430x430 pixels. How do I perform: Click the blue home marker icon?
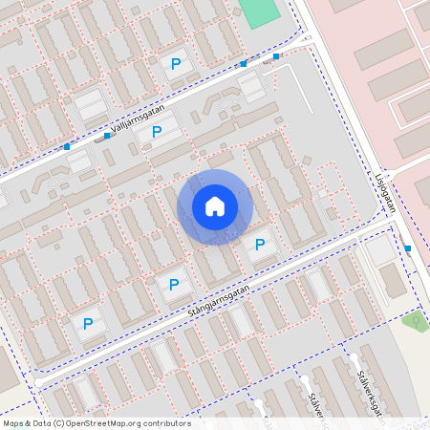tap(215, 206)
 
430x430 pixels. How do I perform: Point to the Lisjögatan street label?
tap(383, 196)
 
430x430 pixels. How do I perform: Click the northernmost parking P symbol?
tap(175, 64)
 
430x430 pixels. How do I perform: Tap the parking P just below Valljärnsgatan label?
tap(155, 133)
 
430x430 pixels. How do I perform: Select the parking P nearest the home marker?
tap(259, 246)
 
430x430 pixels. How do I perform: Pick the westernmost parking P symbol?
tap(88, 324)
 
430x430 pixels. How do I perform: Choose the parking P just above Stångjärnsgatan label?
tap(173, 284)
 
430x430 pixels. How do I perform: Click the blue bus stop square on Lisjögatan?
tap(408, 248)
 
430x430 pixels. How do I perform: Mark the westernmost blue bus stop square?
tap(67, 147)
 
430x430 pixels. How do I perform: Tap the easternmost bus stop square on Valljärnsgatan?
tap(276, 56)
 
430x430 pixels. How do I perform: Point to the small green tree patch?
tap(416, 320)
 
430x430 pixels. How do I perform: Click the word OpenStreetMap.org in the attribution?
tap(106, 423)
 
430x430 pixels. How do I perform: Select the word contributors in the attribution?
tap(167, 423)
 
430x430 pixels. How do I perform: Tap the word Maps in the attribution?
tap(14, 423)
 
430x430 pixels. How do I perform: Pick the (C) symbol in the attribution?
tap(59, 423)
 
